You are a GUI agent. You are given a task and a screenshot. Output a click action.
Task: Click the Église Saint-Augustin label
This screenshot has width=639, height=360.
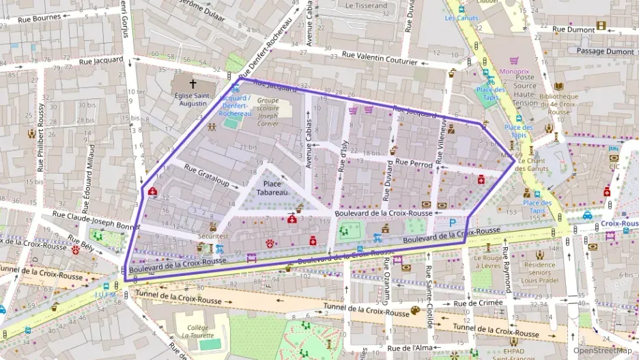point(189,100)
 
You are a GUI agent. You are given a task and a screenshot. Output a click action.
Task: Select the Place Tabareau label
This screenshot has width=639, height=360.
point(272,189)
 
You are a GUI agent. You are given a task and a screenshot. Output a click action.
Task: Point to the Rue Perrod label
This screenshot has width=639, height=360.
point(414,164)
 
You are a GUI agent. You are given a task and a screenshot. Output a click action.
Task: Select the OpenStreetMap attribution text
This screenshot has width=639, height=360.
point(602,350)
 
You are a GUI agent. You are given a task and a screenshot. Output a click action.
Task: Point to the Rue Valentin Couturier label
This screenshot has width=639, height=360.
point(379,57)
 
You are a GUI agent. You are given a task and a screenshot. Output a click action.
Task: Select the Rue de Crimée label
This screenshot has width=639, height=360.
point(477,303)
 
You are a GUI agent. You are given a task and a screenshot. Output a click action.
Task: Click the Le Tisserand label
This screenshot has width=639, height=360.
point(366,5)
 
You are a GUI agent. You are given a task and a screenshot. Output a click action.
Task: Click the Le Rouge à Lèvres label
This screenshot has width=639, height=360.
point(487,262)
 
